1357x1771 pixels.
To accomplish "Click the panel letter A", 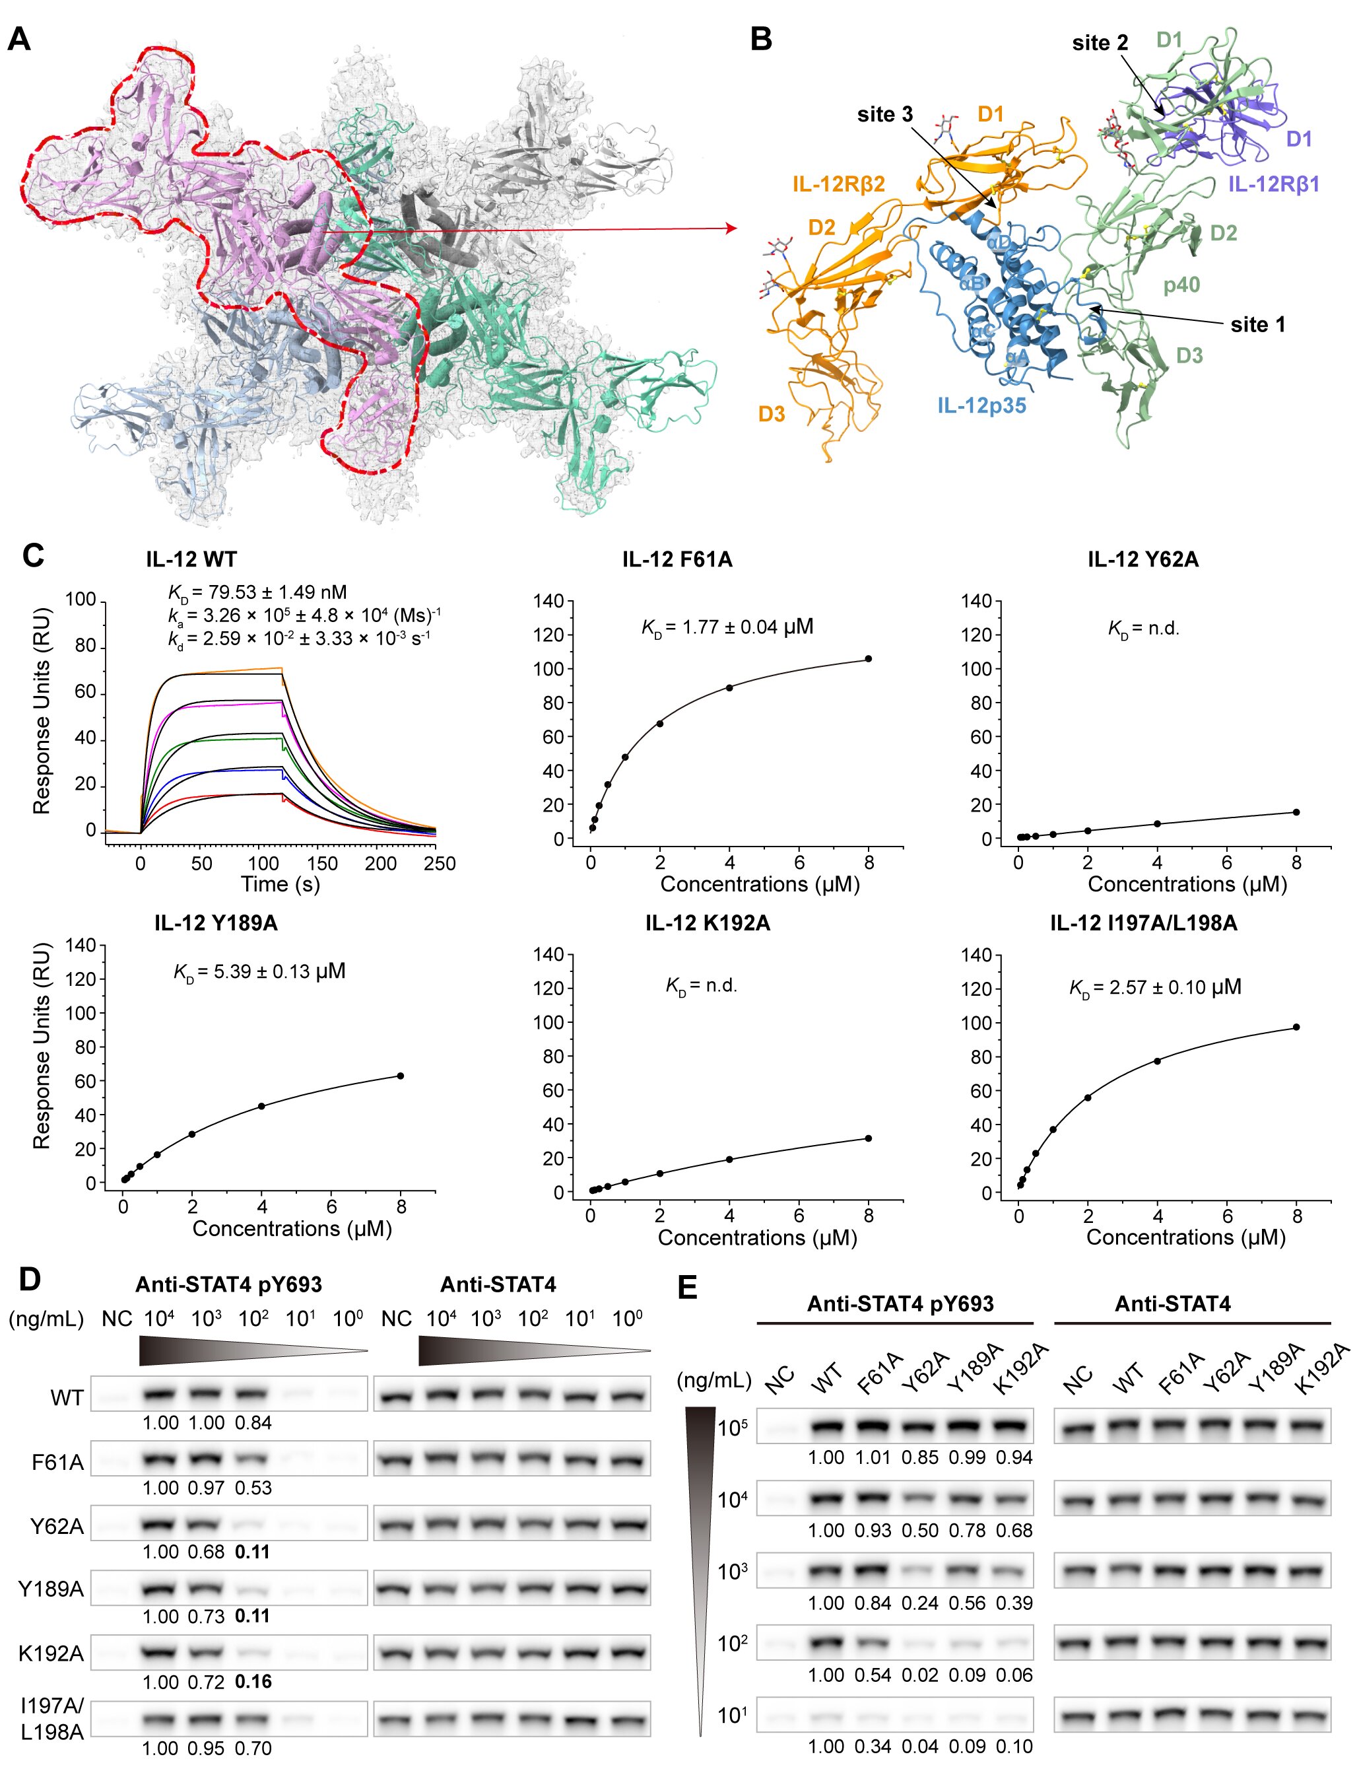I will [x=18, y=39].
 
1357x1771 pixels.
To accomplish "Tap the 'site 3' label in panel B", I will [x=884, y=115].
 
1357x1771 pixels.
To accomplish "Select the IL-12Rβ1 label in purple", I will [x=1273, y=184].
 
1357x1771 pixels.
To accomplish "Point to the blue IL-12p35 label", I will [x=981, y=405].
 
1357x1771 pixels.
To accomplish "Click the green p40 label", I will [x=1181, y=285].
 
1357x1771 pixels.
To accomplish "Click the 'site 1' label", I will [x=1257, y=325].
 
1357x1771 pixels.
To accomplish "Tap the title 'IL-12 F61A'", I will [x=677, y=559].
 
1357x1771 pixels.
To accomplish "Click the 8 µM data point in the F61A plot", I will [x=869, y=658].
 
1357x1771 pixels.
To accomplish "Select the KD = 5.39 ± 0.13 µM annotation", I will [x=259, y=971].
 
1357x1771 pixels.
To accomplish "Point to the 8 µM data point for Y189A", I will [x=401, y=1076].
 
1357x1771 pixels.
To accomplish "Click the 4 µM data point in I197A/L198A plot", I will [x=1158, y=1061].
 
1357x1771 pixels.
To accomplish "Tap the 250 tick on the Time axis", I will [x=440, y=864].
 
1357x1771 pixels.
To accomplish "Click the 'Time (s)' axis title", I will [x=281, y=884].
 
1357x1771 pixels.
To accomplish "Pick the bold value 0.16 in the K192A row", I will [x=253, y=1681].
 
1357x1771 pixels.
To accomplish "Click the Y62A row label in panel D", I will [x=57, y=1526].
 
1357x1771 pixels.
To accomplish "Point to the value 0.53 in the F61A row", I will [x=253, y=1488].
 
